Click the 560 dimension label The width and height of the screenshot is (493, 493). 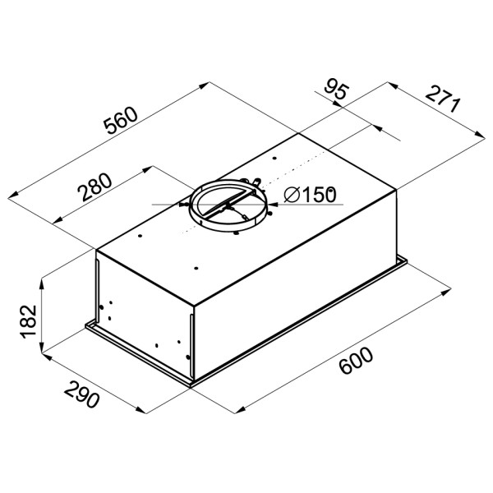point(121,121)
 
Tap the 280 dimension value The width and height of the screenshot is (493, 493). point(95,187)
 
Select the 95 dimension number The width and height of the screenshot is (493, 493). point(336,89)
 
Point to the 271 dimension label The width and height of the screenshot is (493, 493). point(443,99)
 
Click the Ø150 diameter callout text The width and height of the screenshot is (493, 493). point(310,195)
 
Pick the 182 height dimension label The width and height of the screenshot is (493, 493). point(29,321)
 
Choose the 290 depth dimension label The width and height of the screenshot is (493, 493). point(81,394)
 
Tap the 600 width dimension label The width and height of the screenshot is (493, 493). point(357,361)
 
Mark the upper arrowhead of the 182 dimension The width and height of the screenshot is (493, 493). point(41,283)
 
